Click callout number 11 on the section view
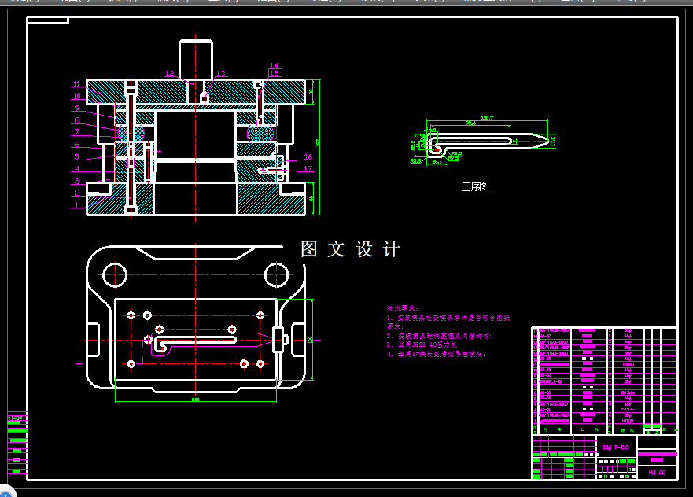(x=76, y=84)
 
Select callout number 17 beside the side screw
(x=308, y=169)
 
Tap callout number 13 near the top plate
(x=220, y=74)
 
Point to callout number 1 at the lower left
(x=76, y=204)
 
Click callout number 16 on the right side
(x=308, y=157)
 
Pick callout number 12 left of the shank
(x=169, y=74)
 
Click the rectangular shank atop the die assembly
(x=196, y=57)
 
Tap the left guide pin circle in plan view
(x=115, y=274)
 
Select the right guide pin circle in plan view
(x=276, y=274)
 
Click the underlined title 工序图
(x=475, y=187)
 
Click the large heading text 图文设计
(x=351, y=249)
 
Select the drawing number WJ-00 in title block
(x=657, y=472)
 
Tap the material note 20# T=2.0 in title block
(x=615, y=447)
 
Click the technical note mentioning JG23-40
(x=425, y=344)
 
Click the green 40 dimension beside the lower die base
(x=311, y=198)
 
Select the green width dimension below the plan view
(x=195, y=399)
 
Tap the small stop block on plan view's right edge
(x=278, y=339)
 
